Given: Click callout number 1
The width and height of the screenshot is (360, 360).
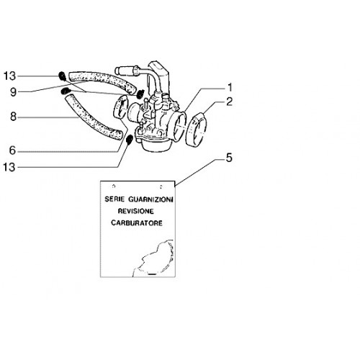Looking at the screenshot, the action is click(230, 88).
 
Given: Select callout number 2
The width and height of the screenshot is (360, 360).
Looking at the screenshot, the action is click(230, 102).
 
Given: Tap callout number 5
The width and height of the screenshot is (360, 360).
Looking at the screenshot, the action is click(229, 158).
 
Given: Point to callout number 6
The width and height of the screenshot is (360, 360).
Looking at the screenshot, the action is click(12, 150).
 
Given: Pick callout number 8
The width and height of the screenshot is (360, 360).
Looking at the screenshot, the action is click(13, 117).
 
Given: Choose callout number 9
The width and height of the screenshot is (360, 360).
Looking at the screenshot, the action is click(13, 92).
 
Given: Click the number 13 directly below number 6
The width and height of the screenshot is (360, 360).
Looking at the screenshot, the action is click(9, 167).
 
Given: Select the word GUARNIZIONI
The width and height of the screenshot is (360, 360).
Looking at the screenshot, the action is click(150, 199).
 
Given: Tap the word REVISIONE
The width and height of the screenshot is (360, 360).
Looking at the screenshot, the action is click(135, 211).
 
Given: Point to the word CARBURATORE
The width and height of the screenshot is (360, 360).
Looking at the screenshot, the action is click(137, 223).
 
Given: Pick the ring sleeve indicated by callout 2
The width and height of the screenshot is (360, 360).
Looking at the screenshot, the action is click(196, 130).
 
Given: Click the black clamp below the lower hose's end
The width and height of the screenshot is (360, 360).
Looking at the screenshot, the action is click(130, 140).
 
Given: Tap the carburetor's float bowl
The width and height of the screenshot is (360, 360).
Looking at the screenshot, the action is click(156, 145).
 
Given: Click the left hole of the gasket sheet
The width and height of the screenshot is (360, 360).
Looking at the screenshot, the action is click(114, 186).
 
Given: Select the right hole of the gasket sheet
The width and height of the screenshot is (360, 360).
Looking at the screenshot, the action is click(161, 186).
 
